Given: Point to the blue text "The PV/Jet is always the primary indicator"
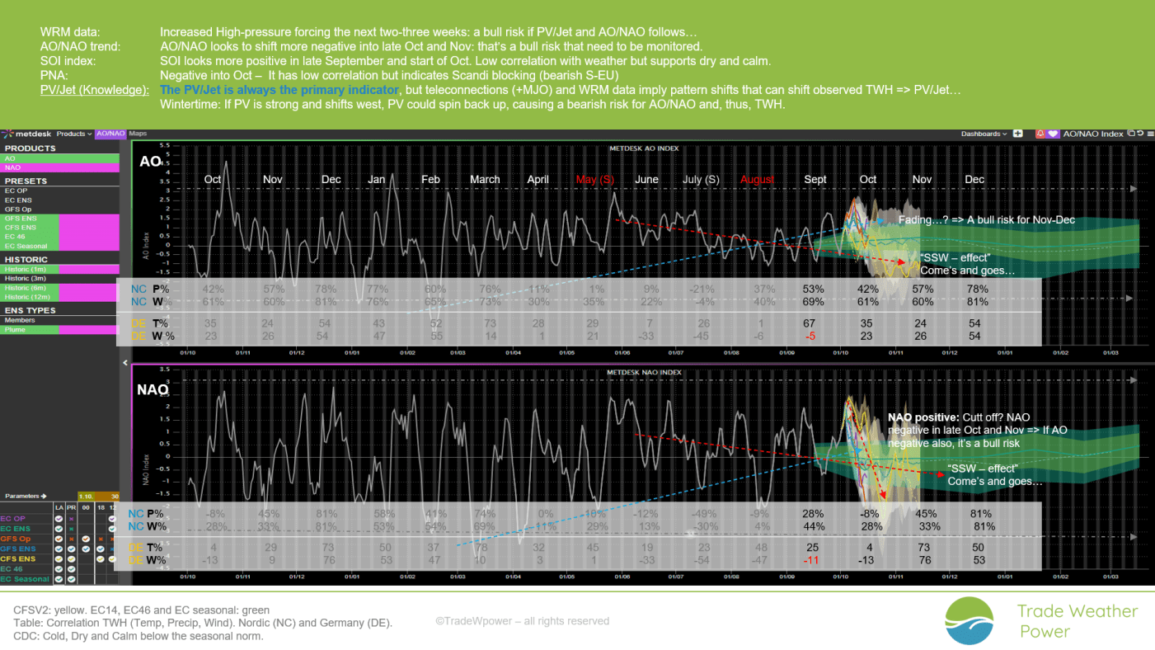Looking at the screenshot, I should tap(279, 90).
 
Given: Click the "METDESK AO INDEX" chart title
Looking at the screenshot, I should tap(643, 148).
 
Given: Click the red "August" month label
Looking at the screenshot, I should tap(758, 180).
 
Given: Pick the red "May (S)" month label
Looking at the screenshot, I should tap(594, 180).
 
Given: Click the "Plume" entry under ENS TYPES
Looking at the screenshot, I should tap(16, 329).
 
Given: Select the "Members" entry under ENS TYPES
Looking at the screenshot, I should tap(21, 320).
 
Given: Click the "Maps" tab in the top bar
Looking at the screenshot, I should tap(138, 134).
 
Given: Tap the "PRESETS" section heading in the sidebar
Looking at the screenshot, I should tap(26, 181).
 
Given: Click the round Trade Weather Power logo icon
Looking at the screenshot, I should tap(970, 621).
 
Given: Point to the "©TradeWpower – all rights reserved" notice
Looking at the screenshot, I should tap(522, 621).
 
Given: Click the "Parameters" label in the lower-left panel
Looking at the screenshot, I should tap(25, 496).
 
